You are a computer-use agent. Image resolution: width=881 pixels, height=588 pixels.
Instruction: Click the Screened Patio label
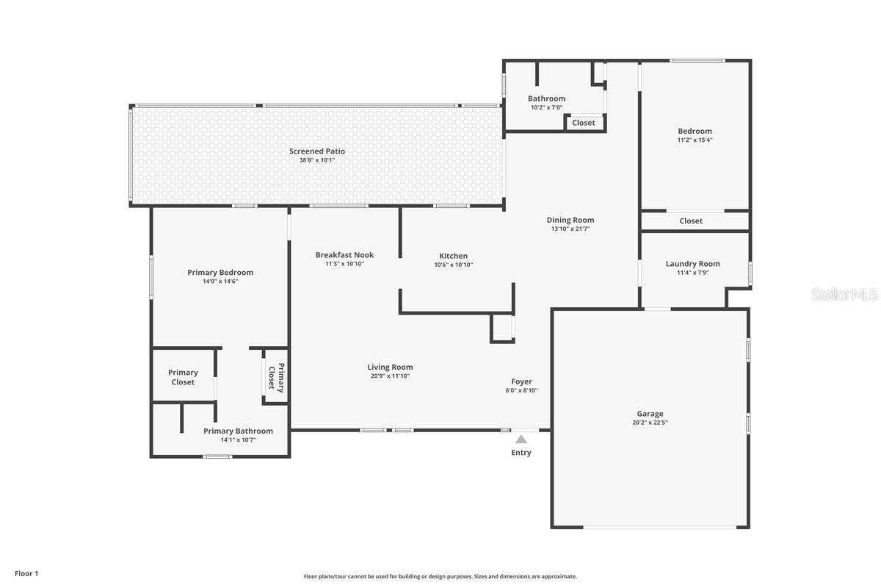(316, 151)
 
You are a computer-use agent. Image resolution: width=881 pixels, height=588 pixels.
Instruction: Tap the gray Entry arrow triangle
(521, 440)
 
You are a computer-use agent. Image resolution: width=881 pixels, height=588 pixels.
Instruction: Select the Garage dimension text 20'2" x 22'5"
(650, 423)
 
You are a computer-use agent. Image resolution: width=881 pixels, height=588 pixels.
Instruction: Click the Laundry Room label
(692, 264)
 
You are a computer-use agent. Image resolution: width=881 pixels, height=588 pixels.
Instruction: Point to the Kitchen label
(453, 256)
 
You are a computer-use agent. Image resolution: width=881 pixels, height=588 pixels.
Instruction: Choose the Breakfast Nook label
(344, 255)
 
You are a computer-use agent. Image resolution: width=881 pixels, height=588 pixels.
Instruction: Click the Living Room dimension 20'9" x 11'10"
(390, 376)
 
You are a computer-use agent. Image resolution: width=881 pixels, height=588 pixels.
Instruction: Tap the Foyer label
(521, 381)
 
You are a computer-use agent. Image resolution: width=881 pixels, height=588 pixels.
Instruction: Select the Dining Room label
(570, 220)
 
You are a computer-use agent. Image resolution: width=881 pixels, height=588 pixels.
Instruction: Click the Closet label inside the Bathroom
(584, 123)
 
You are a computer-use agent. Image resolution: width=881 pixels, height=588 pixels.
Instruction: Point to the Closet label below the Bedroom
(691, 220)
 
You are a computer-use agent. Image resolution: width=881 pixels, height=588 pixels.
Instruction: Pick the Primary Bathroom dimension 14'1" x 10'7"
(238, 440)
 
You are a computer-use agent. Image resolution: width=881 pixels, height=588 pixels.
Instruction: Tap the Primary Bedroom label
(220, 272)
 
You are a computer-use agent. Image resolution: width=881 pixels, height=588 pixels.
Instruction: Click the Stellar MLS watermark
(844, 295)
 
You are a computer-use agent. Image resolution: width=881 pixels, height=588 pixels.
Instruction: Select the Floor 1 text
(26, 573)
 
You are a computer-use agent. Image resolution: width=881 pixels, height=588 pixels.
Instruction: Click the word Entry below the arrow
(521, 453)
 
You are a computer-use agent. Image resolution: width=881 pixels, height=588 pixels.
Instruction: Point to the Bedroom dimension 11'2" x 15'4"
(695, 140)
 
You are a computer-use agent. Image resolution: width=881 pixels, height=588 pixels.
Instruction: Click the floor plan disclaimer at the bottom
(440, 576)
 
